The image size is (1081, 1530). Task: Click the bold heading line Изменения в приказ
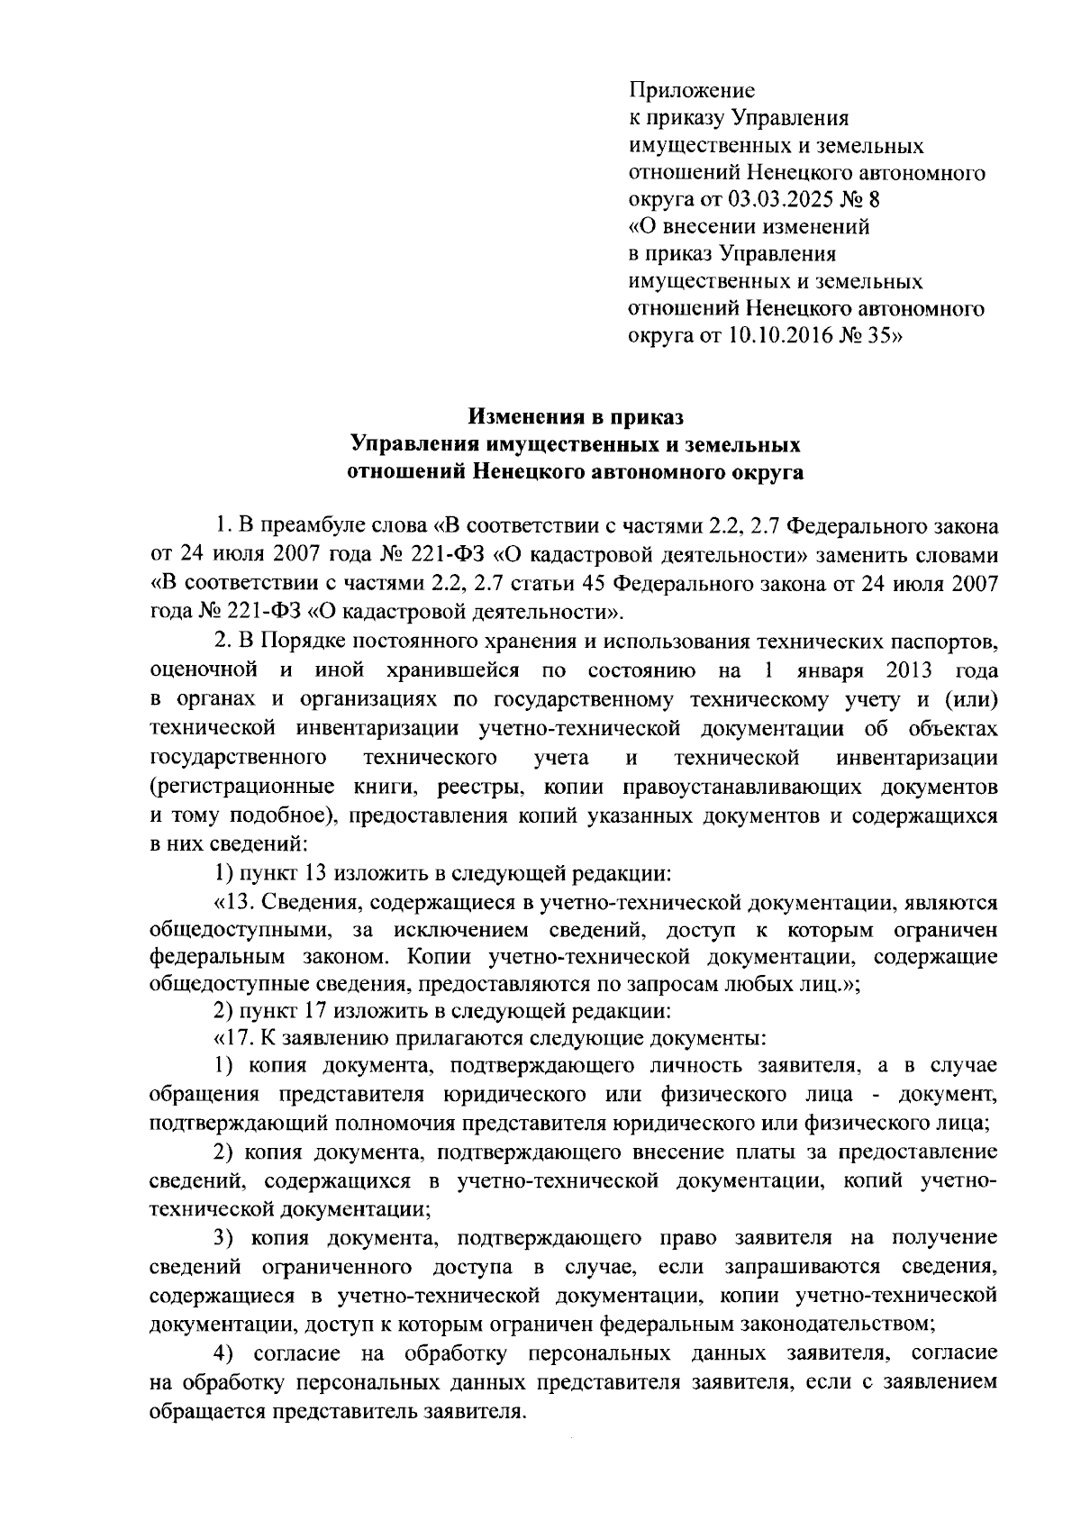click(576, 417)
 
